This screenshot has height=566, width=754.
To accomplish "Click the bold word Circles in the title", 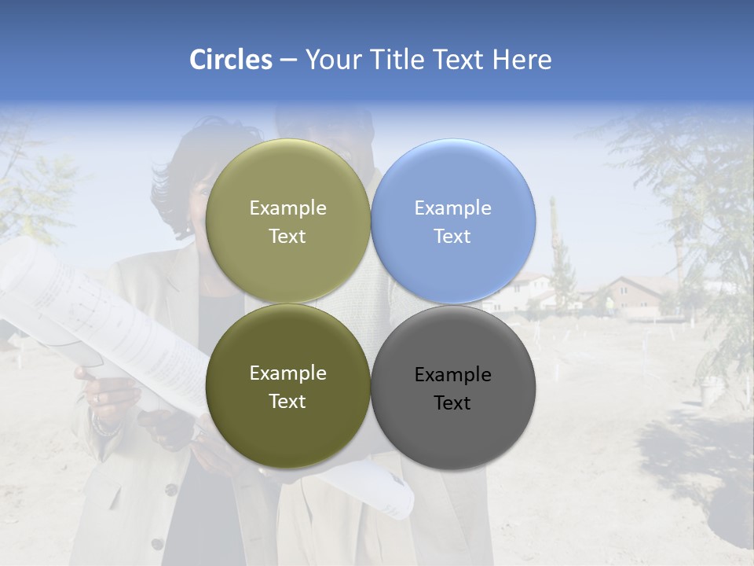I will [x=230, y=60].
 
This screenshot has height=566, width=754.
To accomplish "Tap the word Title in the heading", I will [x=398, y=60].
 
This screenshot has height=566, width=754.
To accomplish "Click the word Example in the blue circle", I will [x=453, y=208].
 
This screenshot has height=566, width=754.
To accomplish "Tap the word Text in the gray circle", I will [x=452, y=403].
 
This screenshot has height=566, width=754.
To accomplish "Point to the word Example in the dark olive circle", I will [x=287, y=373].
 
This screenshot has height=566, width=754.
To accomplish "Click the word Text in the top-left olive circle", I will [x=287, y=237].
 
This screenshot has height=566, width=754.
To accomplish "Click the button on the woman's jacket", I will [x=170, y=489].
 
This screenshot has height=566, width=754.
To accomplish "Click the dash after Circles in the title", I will [x=288, y=61].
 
